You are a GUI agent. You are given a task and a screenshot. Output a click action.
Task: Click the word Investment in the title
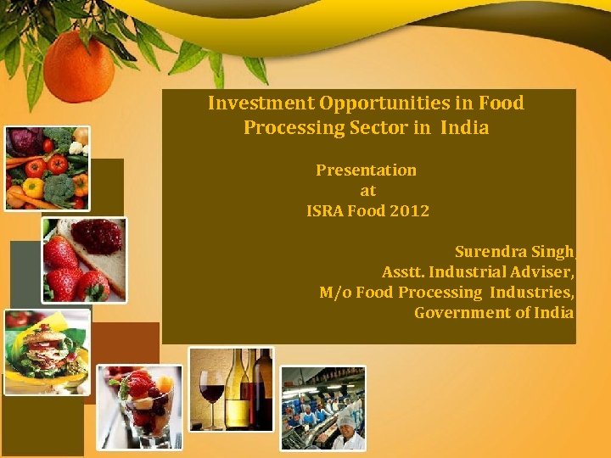click(x=261, y=103)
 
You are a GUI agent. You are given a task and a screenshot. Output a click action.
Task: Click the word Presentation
click(x=366, y=170)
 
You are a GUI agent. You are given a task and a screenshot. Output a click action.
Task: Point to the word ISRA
click(x=325, y=210)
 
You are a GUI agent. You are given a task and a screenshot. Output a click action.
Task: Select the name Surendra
click(x=489, y=252)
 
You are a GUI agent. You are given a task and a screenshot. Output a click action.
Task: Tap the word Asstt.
click(x=403, y=272)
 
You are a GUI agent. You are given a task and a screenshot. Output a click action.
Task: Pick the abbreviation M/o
click(x=335, y=293)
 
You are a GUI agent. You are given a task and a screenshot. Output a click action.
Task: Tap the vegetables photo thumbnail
click(x=47, y=168)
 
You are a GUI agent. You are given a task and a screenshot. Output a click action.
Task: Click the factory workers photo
click(x=322, y=408)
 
